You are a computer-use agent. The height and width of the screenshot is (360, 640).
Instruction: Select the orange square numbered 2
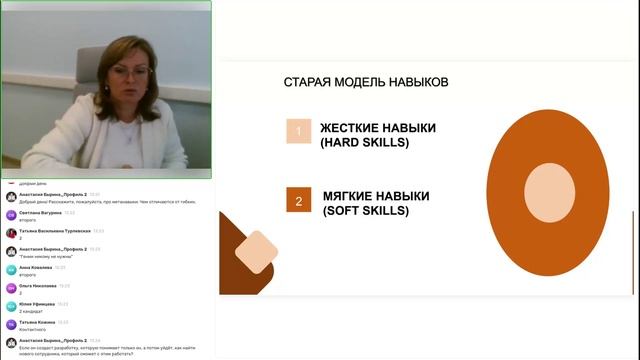click(298, 201)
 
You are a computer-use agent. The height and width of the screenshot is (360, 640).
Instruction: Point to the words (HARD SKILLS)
click(365, 143)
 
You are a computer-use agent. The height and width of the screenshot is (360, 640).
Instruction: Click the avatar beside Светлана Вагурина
click(11, 215)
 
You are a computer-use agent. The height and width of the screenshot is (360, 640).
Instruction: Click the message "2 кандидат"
click(30, 310)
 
